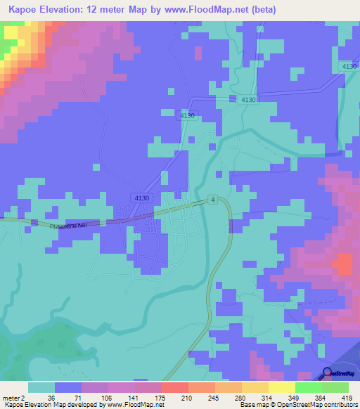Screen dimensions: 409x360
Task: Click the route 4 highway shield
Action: [x=212, y=200]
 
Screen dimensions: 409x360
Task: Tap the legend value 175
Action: [x=161, y=398]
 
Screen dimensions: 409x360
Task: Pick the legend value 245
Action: [x=214, y=398]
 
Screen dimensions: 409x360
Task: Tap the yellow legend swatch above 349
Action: [x=281, y=387]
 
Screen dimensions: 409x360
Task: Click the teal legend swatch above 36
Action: [x=41, y=387]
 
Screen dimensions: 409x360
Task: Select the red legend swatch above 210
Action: [x=174, y=387]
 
